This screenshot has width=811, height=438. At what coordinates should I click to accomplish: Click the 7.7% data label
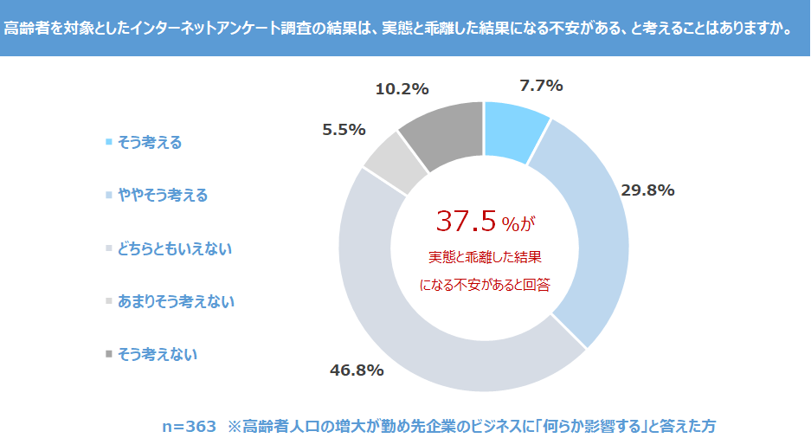pos(541,86)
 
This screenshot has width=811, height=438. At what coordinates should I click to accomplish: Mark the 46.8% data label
pos(357,370)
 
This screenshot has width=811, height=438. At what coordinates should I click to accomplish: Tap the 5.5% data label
pos(344,130)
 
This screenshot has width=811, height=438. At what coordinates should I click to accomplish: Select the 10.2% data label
pos(402,88)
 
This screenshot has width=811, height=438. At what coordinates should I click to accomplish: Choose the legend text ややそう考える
pos(163,196)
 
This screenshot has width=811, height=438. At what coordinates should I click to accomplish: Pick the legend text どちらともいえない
pos(175,248)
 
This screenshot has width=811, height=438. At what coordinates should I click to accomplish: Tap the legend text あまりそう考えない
pos(176,301)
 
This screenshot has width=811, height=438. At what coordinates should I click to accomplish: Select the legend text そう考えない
pos(157,354)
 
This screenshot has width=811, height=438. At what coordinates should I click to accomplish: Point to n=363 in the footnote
pos(189,426)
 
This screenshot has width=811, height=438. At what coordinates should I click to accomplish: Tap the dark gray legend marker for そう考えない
pos(108,354)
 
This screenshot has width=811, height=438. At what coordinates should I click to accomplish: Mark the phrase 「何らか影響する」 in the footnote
pos(584,426)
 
